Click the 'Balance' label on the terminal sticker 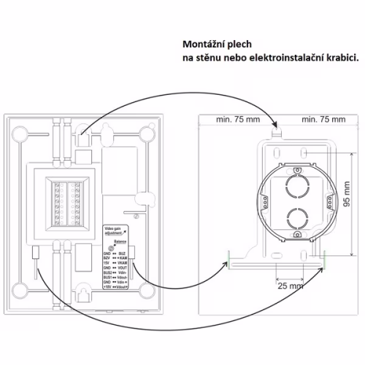tap(116, 242)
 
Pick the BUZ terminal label tap(122, 252)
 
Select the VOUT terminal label tap(123, 268)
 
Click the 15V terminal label tap(107, 263)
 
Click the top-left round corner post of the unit tap(20, 132)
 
